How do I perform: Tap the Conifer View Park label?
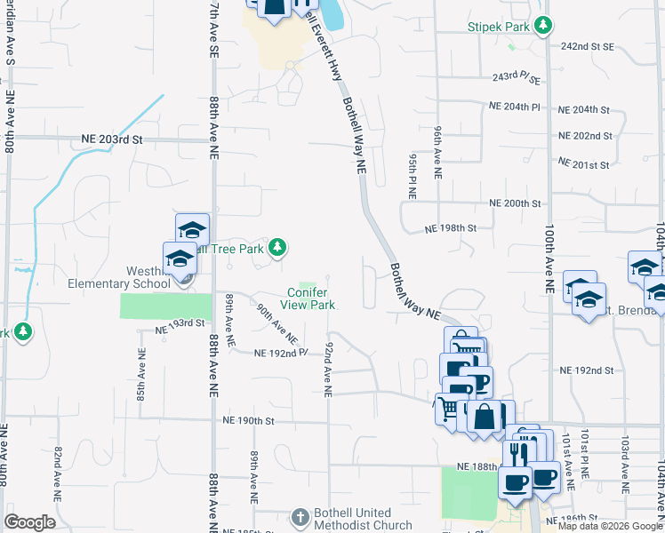pyautogui.click(x=310, y=298)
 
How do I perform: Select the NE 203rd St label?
pyautogui.click(x=112, y=139)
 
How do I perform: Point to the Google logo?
pyautogui.click(x=29, y=522)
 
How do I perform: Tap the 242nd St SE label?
pyautogui.click(x=588, y=46)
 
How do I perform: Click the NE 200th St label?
pyautogui.click(x=516, y=203)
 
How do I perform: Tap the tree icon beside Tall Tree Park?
pyautogui.click(x=277, y=247)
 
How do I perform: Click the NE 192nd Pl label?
pyautogui.click(x=280, y=353)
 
